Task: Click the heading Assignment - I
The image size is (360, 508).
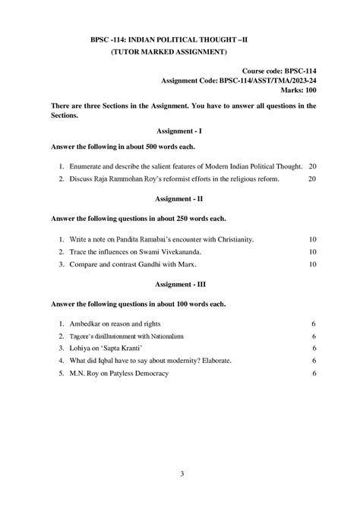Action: (180, 131)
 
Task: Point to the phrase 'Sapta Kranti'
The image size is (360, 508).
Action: (117, 348)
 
